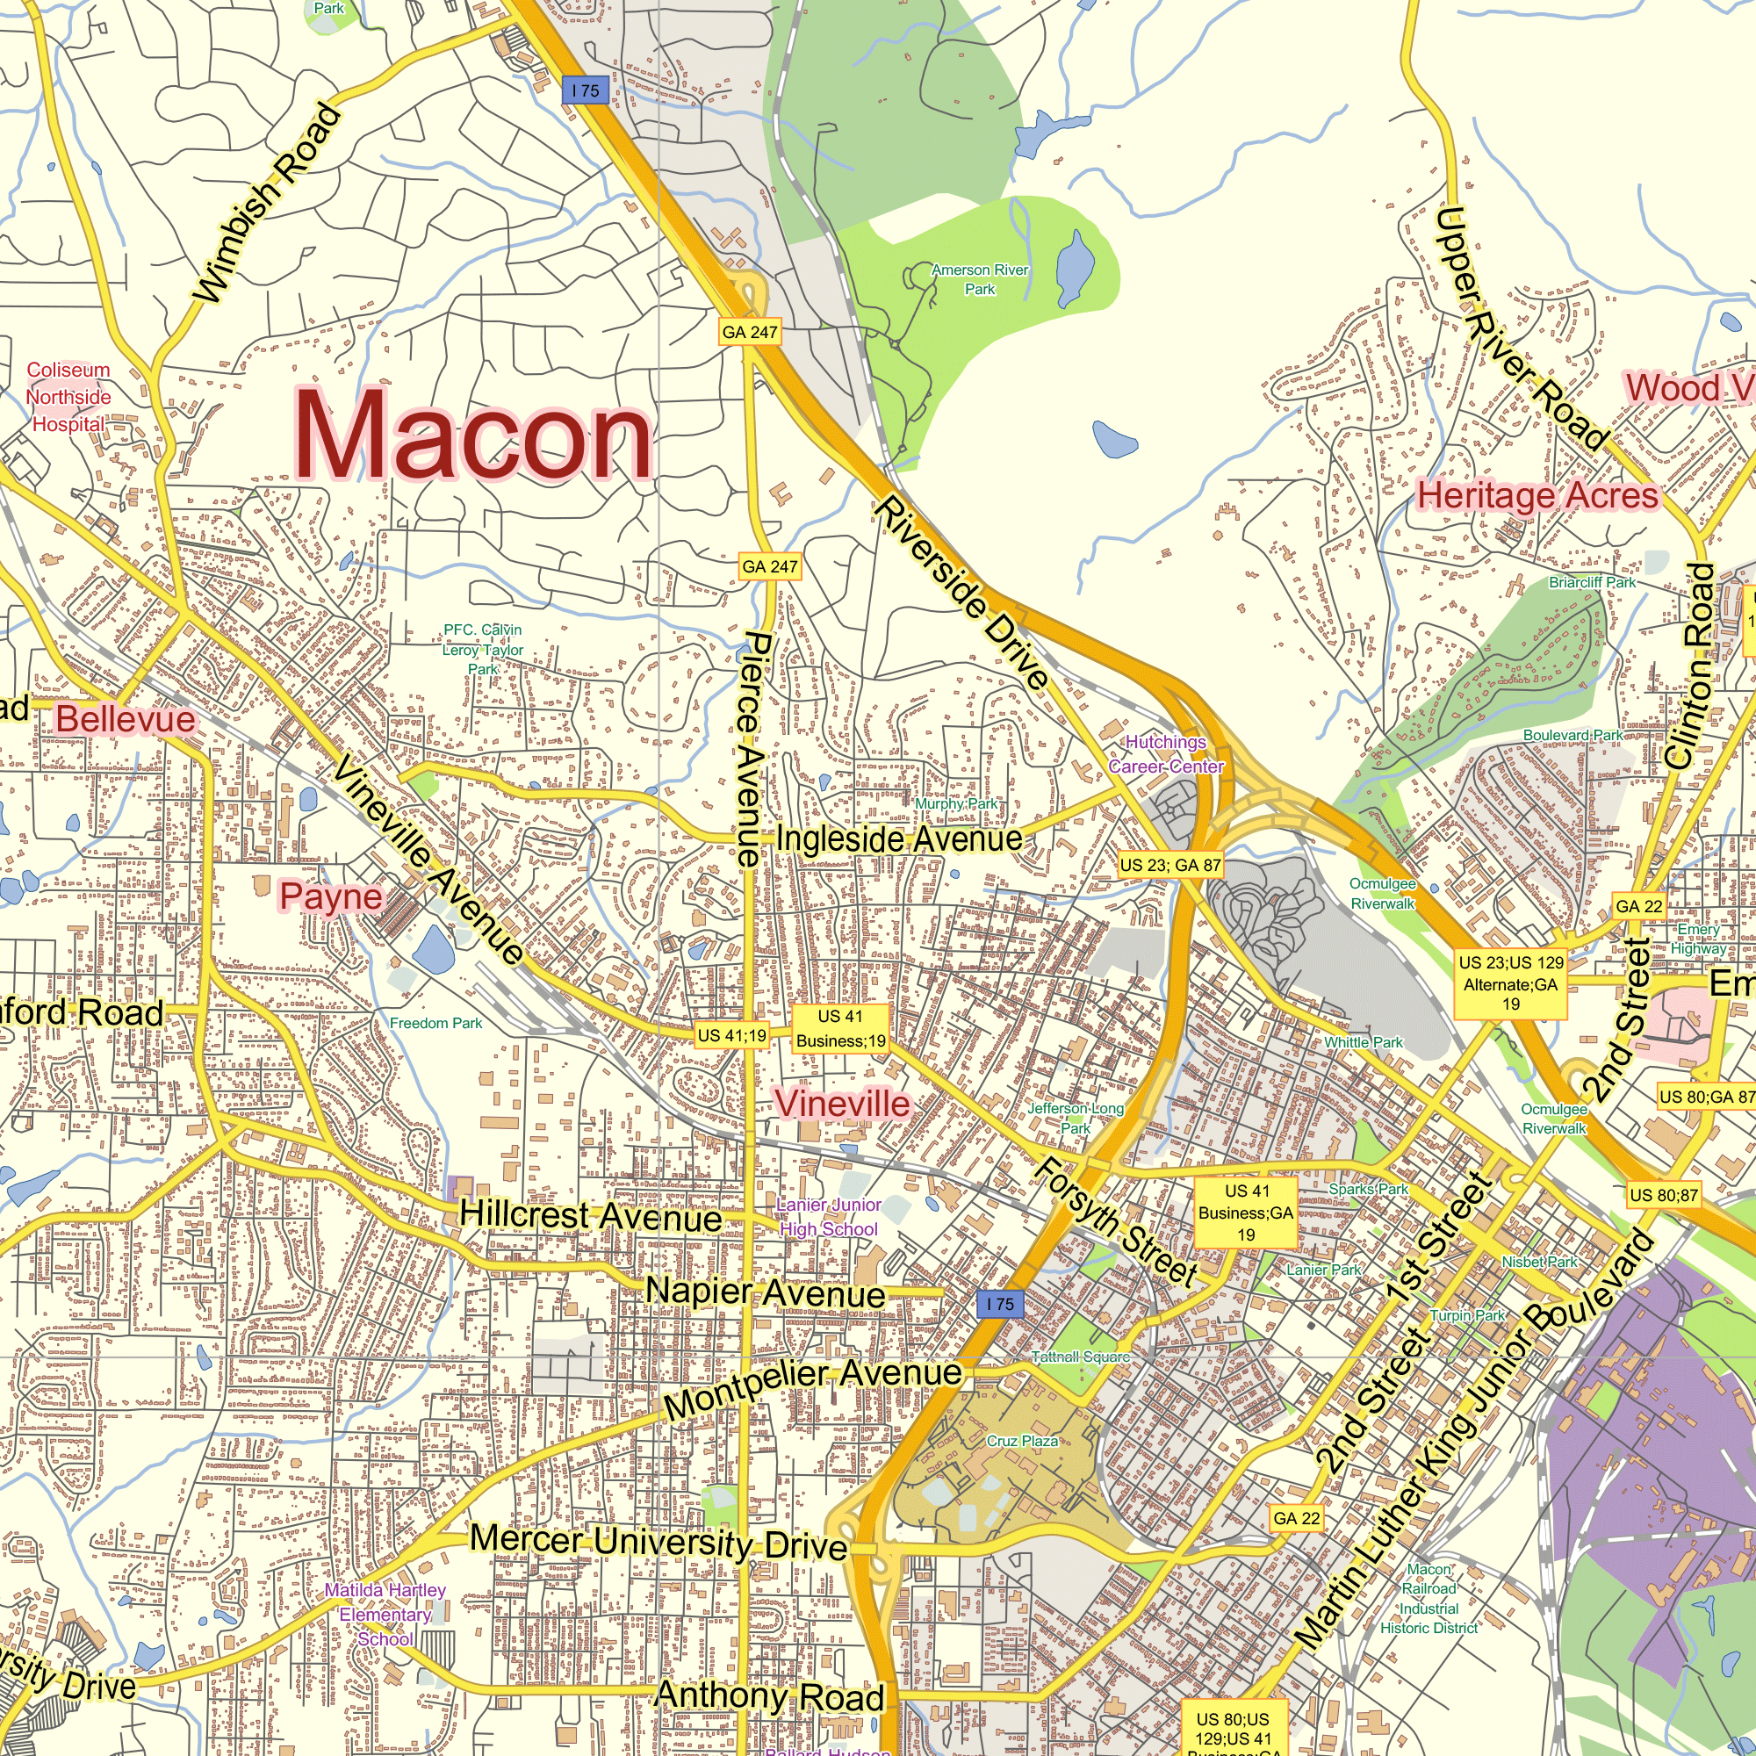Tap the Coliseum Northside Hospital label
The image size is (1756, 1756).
(68, 397)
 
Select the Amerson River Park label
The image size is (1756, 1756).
(979, 279)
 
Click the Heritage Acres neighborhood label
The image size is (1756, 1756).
(1538, 495)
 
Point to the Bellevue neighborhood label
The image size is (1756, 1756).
(126, 719)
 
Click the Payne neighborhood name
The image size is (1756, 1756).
(331, 896)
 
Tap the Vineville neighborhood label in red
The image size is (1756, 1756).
(842, 1104)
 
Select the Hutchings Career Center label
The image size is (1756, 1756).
(1165, 753)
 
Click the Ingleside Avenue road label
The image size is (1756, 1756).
(899, 838)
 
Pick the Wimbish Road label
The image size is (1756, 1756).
(269, 204)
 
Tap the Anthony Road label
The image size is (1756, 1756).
(769, 1695)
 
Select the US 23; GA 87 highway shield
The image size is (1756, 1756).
(1169, 866)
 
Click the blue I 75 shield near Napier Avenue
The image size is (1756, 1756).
(1001, 1303)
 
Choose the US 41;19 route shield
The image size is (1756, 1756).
(731, 1035)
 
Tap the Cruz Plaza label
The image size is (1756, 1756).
(1022, 1442)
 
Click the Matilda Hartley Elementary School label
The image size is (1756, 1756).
(385, 1615)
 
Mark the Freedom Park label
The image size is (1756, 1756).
(435, 1024)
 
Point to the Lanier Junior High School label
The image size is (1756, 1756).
(828, 1216)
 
